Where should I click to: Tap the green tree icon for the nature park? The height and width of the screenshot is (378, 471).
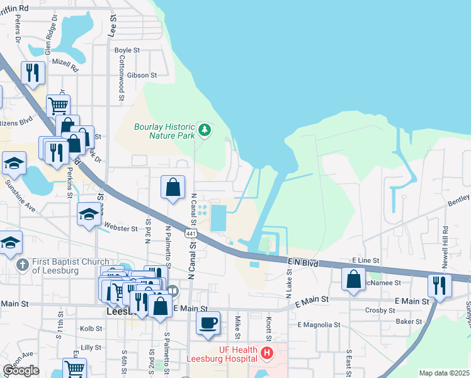pos(204,130)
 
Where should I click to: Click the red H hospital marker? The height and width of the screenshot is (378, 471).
pos(266,353)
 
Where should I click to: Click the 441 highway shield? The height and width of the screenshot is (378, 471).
pos(189,233)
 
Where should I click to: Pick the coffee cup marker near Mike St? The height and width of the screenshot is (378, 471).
pos(208,323)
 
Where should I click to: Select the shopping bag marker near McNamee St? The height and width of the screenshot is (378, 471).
pos(355,278)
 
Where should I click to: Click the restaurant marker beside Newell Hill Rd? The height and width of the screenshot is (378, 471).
pos(440,285)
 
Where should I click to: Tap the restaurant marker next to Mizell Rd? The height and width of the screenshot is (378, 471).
pos(33,72)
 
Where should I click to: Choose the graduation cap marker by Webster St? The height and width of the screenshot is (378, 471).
pos(89,214)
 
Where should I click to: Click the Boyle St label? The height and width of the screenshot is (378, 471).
pos(127,50)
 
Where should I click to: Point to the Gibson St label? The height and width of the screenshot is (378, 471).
pos(141,75)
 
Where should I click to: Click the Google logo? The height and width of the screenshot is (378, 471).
pos(21,370)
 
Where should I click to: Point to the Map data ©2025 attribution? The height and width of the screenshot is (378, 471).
pos(444,373)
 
